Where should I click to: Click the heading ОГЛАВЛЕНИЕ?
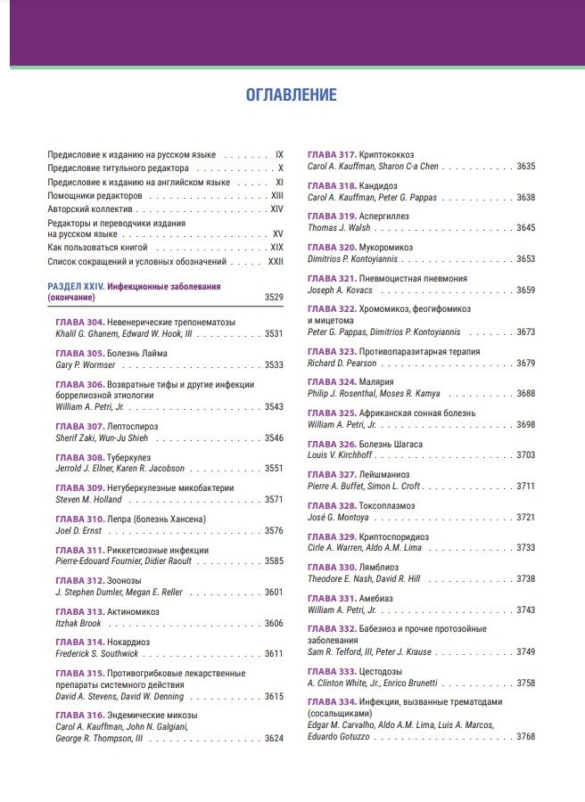(x=292, y=94)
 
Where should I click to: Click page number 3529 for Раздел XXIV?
(x=274, y=298)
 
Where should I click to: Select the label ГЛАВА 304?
(x=79, y=322)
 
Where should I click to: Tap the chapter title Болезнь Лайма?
(x=137, y=353)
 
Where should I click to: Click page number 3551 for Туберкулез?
(x=274, y=468)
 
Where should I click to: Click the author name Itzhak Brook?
(x=79, y=623)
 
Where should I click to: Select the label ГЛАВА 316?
(x=79, y=715)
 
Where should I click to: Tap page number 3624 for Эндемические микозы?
(x=274, y=738)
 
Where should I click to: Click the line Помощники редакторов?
(x=95, y=195)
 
